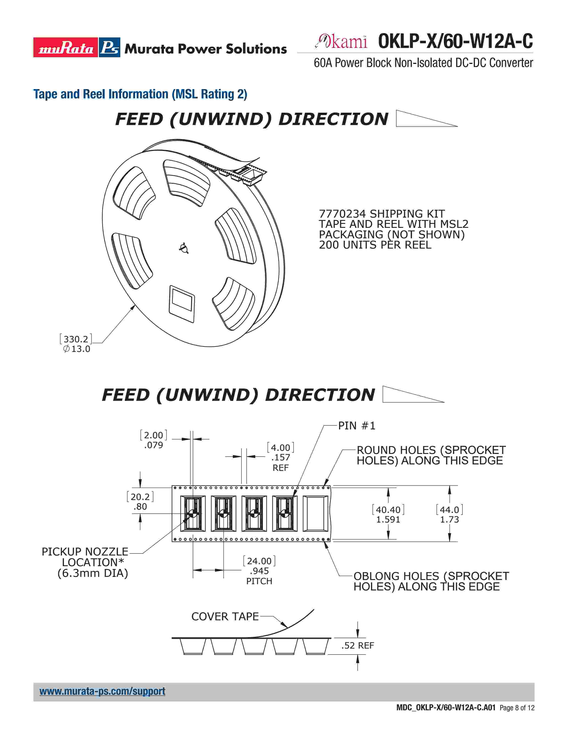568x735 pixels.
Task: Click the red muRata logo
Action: (x=66, y=47)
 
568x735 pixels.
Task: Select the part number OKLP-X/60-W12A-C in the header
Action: (x=455, y=41)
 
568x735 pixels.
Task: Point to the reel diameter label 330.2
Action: (x=76, y=339)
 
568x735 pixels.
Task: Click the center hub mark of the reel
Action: (x=184, y=248)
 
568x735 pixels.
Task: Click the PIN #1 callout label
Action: (x=356, y=426)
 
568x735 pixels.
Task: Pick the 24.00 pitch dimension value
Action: (x=259, y=561)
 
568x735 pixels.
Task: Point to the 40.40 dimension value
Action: (x=388, y=510)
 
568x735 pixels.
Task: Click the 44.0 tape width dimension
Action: (x=449, y=510)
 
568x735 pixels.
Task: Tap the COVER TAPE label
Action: (x=225, y=617)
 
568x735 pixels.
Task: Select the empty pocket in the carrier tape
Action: (x=315, y=514)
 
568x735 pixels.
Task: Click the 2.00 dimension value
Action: (x=153, y=435)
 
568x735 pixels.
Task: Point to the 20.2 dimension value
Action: (x=140, y=497)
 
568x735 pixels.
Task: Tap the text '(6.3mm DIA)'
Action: (x=93, y=573)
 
